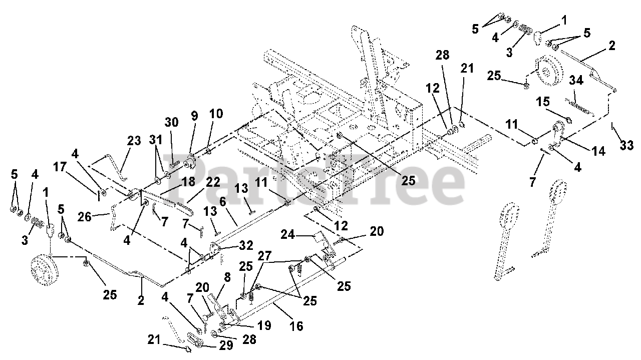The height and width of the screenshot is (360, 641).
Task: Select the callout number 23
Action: point(134,142)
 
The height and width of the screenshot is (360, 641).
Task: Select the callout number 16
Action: point(296,326)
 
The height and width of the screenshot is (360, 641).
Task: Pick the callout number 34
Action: point(575,81)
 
